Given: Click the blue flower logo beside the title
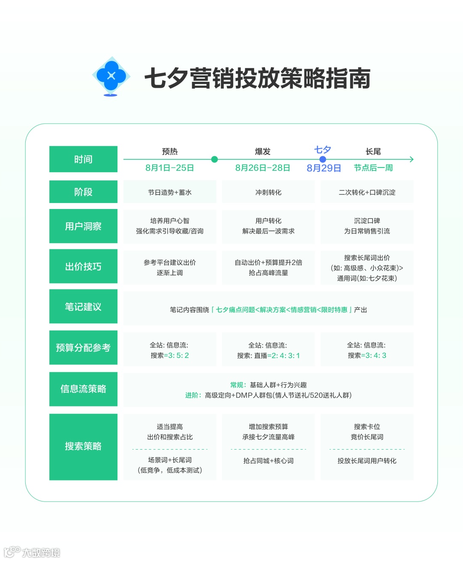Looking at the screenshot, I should [x=111, y=76].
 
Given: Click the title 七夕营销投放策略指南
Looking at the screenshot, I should [x=257, y=78].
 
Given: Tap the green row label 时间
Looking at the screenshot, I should [x=83, y=159].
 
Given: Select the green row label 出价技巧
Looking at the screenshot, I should [x=83, y=266].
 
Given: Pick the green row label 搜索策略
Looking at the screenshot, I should [x=83, y=446].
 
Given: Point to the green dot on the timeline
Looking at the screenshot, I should [x=215, y=159].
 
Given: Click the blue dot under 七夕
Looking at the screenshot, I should [x=323, y=159].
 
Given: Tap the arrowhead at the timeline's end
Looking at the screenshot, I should [x=411, y=159].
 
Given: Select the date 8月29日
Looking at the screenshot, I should [x=324, y=168].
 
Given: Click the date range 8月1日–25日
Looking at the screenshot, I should [x=170, y=168].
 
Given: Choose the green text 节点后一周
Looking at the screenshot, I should [x=373, y=168].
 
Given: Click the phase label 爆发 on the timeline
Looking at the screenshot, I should [x=262, y=152].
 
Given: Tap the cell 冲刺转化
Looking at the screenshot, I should [x=268, y=192].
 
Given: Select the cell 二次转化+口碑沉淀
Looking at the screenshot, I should [x=367, y=192].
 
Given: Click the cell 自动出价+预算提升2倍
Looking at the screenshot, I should [x=268, y=263].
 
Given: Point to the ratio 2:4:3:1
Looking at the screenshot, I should [x=286, y=355].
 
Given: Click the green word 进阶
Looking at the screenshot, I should [x=192, y=395].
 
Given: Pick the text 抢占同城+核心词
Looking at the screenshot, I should [x=268, y=461].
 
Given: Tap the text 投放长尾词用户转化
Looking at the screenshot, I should [x=367, y=461].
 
